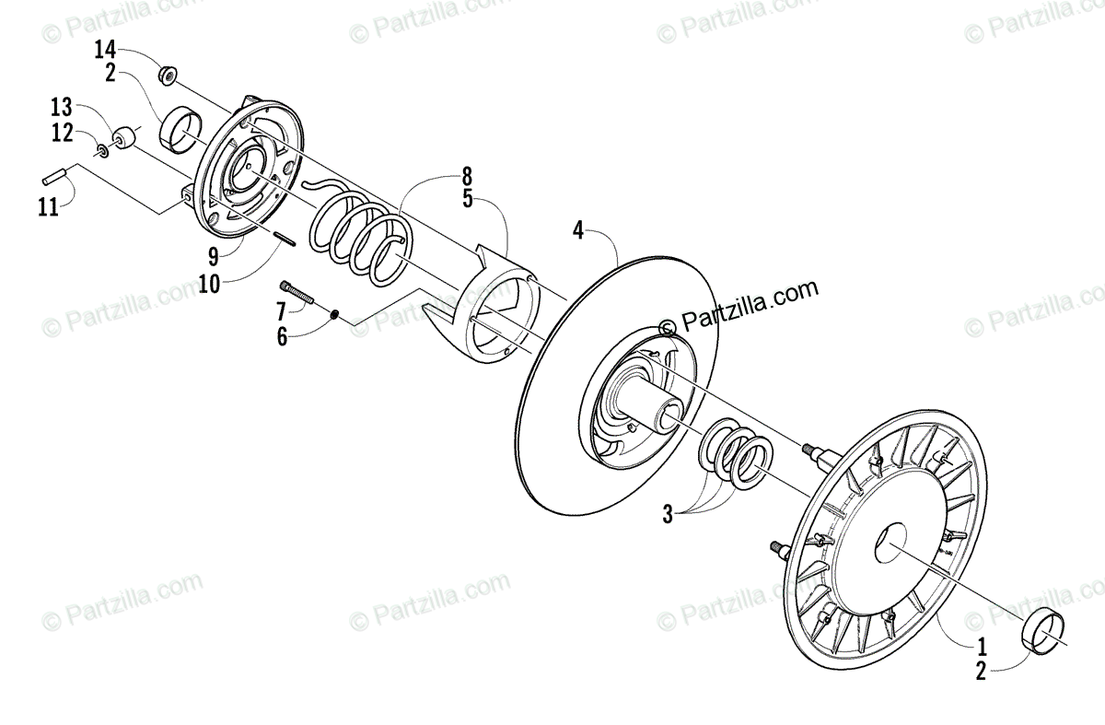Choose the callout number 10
pyautogui.click(x=208, y=283)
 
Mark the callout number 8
pyautogui.click(x=467, y=174)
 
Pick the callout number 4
pyautogui.click(x=578, y=230)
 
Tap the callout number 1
pyautogui.click(x=982, y=645)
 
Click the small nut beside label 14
pyautogui.click(x=168, y=74)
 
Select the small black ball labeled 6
pyautogui.click(x=336, y=314)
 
